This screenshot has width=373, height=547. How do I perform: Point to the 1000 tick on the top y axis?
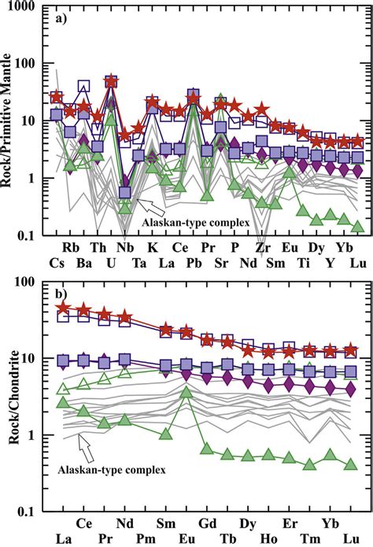click(x=30, y=7)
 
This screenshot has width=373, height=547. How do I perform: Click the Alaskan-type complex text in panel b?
click(x=112, y=471)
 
